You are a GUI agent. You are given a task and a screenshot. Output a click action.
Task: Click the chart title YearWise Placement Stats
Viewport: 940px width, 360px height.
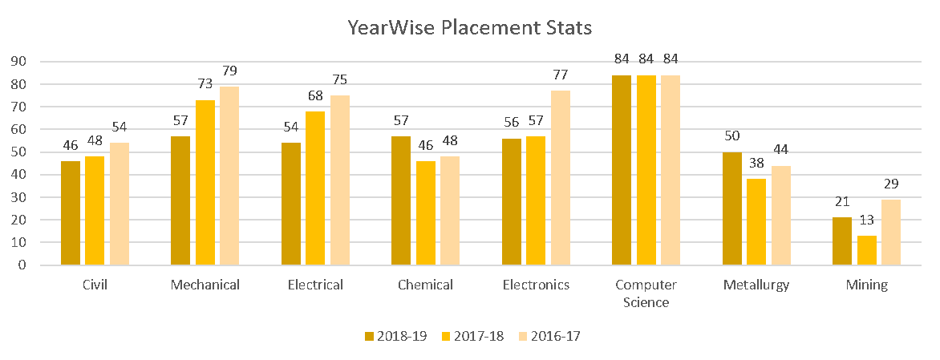(469, 28)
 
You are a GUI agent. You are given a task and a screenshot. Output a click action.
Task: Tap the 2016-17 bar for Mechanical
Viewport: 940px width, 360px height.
(229, 176)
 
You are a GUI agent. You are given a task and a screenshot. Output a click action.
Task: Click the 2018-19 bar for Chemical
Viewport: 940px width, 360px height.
(401, 200)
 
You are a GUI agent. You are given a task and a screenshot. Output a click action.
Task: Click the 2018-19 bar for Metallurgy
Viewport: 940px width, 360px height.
(732, 208)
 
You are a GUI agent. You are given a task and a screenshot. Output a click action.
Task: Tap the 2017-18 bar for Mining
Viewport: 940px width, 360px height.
(866, 250)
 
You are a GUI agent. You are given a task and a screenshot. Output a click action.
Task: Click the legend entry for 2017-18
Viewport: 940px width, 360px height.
(475, 337)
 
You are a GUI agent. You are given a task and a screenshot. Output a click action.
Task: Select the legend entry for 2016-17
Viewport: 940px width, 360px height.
(551, 337)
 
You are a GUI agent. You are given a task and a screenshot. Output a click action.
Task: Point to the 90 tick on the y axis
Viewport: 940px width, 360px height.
(18, 62)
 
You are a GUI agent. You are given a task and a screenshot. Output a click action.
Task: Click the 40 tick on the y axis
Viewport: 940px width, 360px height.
(18, 175)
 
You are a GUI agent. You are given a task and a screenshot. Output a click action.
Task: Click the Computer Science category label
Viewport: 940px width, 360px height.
(646, 293)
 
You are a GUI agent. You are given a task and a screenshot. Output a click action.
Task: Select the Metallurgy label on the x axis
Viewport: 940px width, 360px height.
(756, 285)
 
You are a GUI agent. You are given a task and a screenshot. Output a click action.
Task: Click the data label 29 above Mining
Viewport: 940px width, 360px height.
(891, 184)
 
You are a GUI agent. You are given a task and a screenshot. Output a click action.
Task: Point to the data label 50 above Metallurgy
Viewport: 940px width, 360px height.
(732, 137)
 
